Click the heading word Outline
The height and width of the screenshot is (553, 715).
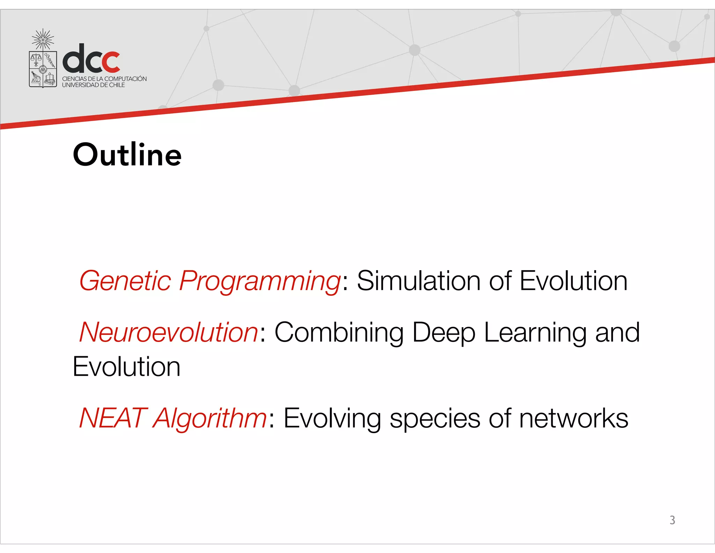tap(127, 155)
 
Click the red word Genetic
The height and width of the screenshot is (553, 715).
tap(125, 281)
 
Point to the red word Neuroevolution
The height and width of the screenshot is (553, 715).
tap(169, 332)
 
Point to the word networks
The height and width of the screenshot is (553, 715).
tap(573, 418)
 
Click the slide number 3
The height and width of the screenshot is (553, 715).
tap(672, 520)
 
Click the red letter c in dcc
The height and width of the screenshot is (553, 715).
tap(111, 62)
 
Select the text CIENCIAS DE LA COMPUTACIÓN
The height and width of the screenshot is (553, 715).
tap(104, 79)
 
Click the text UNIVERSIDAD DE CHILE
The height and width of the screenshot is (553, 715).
tap(93, 85)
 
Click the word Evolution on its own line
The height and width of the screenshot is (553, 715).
tap(126, 367)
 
